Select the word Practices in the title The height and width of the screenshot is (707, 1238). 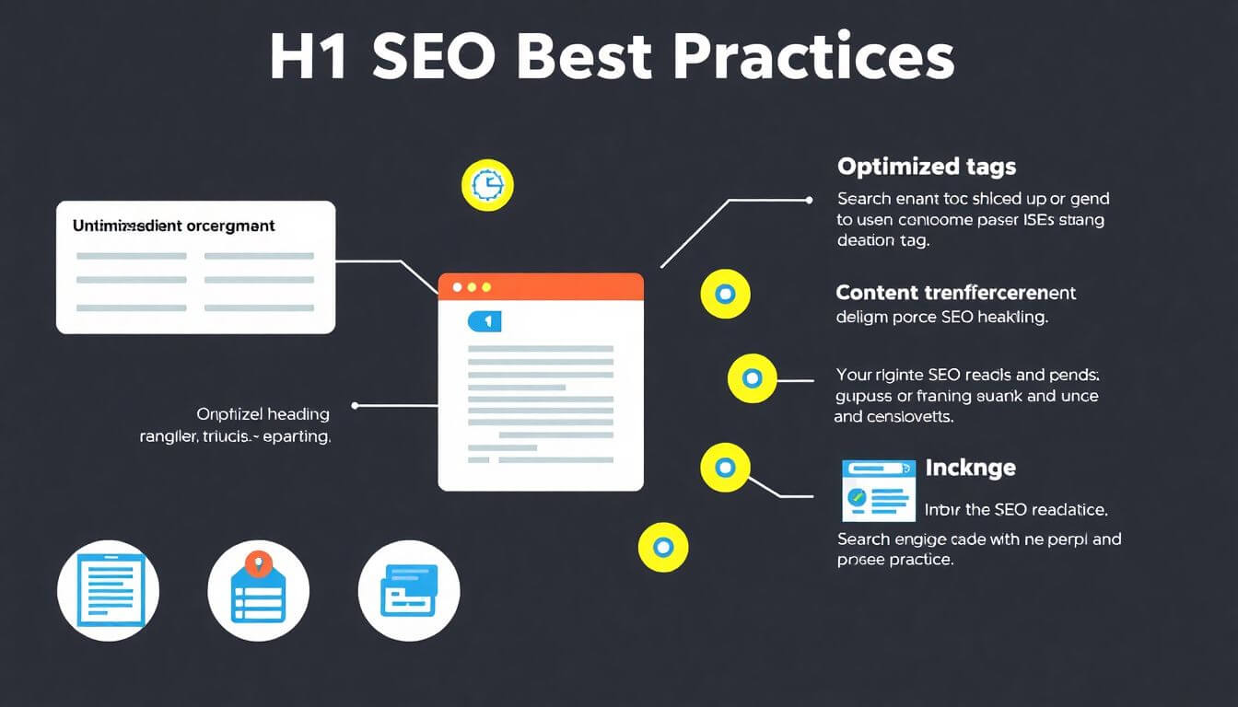(812, 57)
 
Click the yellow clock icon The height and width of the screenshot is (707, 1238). (486, 186)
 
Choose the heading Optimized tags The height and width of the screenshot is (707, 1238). (926, 167)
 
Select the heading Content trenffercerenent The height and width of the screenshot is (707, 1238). (955, 293)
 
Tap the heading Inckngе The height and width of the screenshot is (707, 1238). (970, 468)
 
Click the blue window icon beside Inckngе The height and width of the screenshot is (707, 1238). (879, 491)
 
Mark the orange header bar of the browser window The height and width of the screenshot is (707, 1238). (541, 286)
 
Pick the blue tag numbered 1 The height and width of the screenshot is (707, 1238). (485, 321)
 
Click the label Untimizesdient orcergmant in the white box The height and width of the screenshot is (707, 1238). (173, 226)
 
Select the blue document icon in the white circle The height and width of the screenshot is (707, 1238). (109, 590)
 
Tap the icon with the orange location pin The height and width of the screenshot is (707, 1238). (259, 590)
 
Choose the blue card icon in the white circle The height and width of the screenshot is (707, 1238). (408, 590)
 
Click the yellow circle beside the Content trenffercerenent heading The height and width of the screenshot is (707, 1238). (725, 295)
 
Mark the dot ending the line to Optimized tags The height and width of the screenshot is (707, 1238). (809, 199)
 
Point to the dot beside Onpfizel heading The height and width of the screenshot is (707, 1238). (356, 405)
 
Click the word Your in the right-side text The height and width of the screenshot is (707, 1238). (853, 375)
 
